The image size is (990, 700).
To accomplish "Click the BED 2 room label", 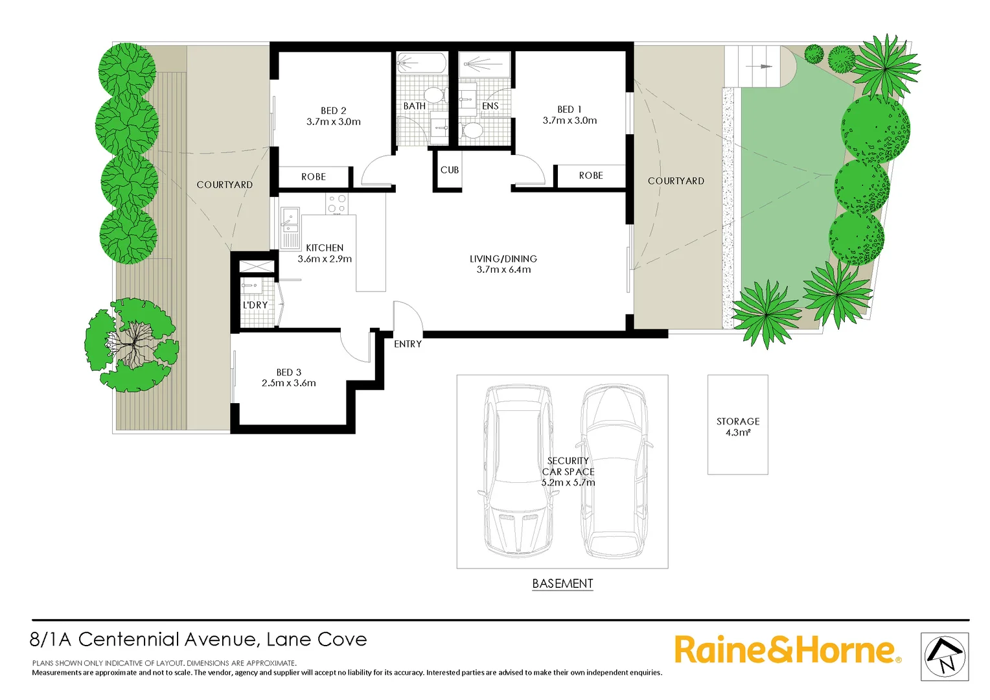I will pyautogui.click(x=333, y=111).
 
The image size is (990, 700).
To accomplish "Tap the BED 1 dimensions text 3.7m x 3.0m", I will pyautogui.click(x=570, y=121).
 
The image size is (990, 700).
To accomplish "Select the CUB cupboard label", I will pyautogui.click(x=450, y=170).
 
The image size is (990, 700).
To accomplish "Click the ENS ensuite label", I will pyautogui.click(x=490, y=106).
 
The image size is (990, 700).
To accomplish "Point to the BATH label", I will pyautogui.click(x=415, y=106).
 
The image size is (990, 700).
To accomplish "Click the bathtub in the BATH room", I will pyautogui.click(x=421, y=64).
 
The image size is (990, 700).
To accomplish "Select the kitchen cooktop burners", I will pyautogui.click(x=337, y=204).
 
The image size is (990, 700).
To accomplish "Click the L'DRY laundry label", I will pyautogui.click(x=255, y=305).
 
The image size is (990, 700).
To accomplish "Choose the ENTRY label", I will pyautogui.click(x=408, y=344).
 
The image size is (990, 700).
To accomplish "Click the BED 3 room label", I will pyautogui.click(x=289, y=372).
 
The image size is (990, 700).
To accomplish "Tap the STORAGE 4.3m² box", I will pyautogui.click(x=737, y=425).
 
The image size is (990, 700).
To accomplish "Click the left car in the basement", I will pyautogui.click(x=518, y=471).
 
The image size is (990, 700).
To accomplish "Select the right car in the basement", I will pyautogui.click(x=614, y=471).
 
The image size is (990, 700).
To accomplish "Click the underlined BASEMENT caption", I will pyautogui.click(x=562, y=583).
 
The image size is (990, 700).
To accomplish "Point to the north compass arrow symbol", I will pyautogui.click(x=944, y=657).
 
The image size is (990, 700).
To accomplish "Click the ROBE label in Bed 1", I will pyautogui.click(x=591, y=176).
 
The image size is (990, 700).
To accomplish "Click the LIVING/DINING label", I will pyautogui.click(x=503, y=259).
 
